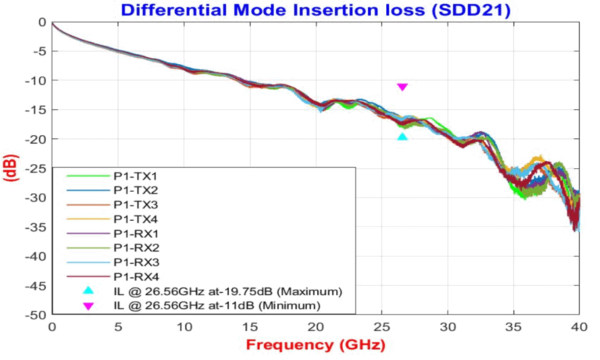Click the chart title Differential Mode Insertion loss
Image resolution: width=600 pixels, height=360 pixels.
click(x=316, y=10)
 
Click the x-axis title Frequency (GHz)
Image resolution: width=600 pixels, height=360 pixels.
click(x=316, y=344)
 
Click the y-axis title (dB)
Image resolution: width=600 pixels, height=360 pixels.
click(x=12, y=168)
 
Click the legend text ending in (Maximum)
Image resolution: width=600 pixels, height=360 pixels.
click(x=227, y=290)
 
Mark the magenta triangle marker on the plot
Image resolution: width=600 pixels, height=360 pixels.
click(x=402, y=87)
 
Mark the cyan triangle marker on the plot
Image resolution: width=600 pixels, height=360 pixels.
click(x=402, y=137)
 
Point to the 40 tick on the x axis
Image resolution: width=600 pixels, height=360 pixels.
click(x=579, y=326)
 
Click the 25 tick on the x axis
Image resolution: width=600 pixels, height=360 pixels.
click(x=381, y=326)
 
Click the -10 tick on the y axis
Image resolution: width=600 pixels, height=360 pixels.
click(x=36, y=80)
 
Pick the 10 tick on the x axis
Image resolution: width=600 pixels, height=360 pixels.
click(x=184, y=326)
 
